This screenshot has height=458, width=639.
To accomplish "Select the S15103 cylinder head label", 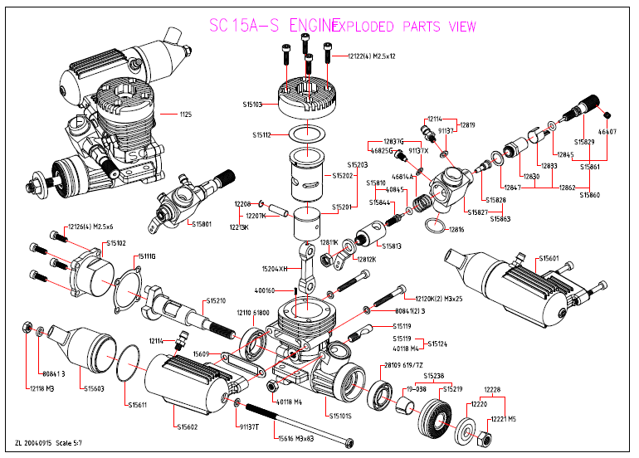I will coord(253,105).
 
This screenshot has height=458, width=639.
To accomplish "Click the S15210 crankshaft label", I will coord(216,300).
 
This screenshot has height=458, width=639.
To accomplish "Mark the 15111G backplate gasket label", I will coord(146,256).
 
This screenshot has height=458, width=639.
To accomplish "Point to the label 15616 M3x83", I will coord(295,437).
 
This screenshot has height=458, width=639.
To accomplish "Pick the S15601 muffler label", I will coord(549,258).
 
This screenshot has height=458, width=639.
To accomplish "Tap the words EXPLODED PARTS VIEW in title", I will coord(404,27).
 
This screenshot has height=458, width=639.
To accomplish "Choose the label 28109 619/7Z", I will coord(402,366).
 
